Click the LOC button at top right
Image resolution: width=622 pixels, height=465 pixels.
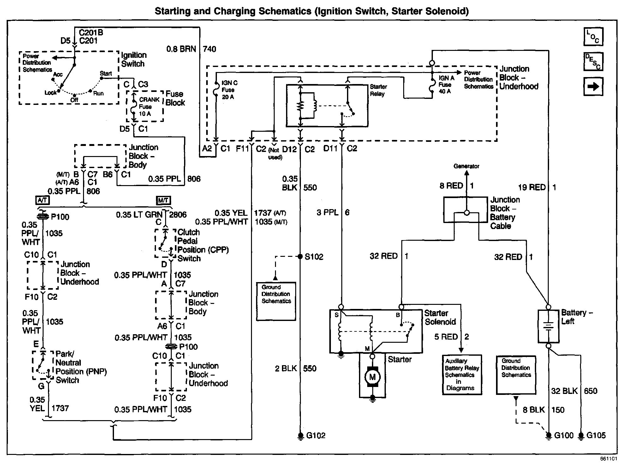(593, 37)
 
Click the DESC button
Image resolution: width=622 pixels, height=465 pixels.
(593, 62)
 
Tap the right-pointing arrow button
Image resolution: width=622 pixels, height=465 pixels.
(593, 86)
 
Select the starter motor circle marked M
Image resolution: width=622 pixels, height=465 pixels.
(373, 377)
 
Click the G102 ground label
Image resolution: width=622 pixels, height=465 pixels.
(316, 436)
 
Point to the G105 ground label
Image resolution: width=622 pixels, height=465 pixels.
(596, 436)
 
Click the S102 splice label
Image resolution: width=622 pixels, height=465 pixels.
(314, 257)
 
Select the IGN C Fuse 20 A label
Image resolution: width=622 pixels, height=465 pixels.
(229, 90)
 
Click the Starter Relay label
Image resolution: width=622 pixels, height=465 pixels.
(378, 90)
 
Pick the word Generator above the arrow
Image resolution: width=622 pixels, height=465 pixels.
(466, 166)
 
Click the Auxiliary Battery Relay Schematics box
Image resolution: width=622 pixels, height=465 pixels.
(462, 375)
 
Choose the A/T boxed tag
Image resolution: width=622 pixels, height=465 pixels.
(42, 200)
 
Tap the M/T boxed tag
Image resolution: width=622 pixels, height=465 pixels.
(164, 200)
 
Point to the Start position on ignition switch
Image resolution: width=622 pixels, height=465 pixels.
(106, 74)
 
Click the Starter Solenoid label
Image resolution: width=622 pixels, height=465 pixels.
(440, 317)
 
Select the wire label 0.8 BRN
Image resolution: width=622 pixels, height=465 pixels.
(181, 49)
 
